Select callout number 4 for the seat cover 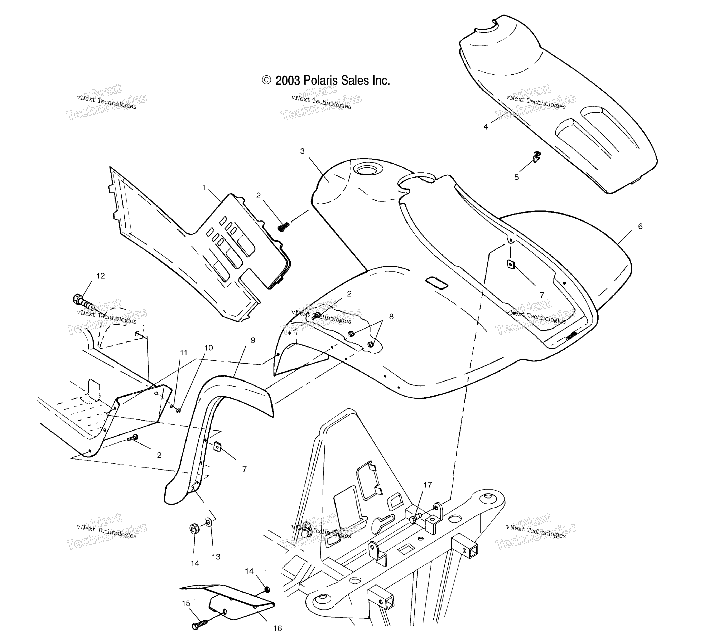coord(485,127)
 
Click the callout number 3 coord(302,151)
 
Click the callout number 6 coord(640,226)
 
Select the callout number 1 coord(204,188)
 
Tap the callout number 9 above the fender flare coord(253,340)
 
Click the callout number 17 coord(428,485)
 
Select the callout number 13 coord(216,557)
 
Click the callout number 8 coord(391,316)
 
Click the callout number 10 coord(208,348)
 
